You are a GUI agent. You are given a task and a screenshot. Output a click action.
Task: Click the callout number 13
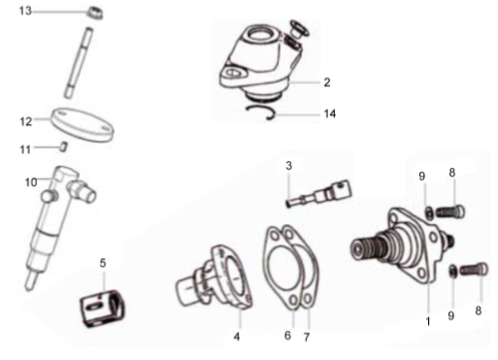(25, 11)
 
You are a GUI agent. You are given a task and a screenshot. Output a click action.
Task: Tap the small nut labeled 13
(95, 13)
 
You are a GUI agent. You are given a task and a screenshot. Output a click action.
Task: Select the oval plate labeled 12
(83, 124)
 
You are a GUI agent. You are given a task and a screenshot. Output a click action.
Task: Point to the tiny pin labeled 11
(64, 147)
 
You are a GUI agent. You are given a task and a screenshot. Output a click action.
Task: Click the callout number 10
(31, 182)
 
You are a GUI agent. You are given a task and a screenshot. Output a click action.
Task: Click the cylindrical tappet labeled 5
(102, 308)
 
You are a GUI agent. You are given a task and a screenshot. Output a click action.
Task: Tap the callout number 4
(237, 337)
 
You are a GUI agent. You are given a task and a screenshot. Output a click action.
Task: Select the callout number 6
(287, 336)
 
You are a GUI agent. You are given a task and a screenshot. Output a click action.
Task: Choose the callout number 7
(307, 337)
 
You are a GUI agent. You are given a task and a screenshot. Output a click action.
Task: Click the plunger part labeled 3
(319, 194)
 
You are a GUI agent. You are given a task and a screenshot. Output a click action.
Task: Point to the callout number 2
(327, 82)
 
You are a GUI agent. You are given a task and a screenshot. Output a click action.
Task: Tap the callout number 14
(330, 114)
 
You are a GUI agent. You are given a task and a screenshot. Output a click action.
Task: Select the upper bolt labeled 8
(450, 212)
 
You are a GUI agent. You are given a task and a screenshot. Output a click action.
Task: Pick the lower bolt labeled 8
(474, 269)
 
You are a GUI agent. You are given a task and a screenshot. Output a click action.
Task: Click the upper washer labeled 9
(429, 213)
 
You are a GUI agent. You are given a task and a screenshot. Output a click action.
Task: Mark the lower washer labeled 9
(452, 271)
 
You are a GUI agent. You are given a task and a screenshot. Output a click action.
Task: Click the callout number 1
(428, 321)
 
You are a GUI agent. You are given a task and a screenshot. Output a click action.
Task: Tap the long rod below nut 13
(79, 63)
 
